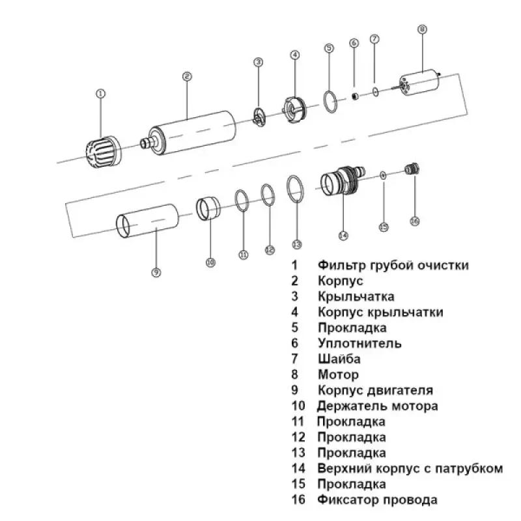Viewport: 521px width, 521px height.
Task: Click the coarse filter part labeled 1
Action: click(x=100, y=152)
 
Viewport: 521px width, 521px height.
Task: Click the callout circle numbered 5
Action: click(x=329, y=48)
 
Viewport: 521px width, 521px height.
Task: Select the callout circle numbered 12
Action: click(x=270, y=249)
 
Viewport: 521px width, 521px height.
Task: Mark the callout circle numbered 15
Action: click(x=384, y=227)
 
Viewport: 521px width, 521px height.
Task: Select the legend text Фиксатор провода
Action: click(x=377, y=500)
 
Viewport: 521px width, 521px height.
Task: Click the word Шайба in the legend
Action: click(x=339, y=359)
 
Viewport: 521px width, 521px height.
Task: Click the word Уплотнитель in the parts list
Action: click(x=359, y=343)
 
